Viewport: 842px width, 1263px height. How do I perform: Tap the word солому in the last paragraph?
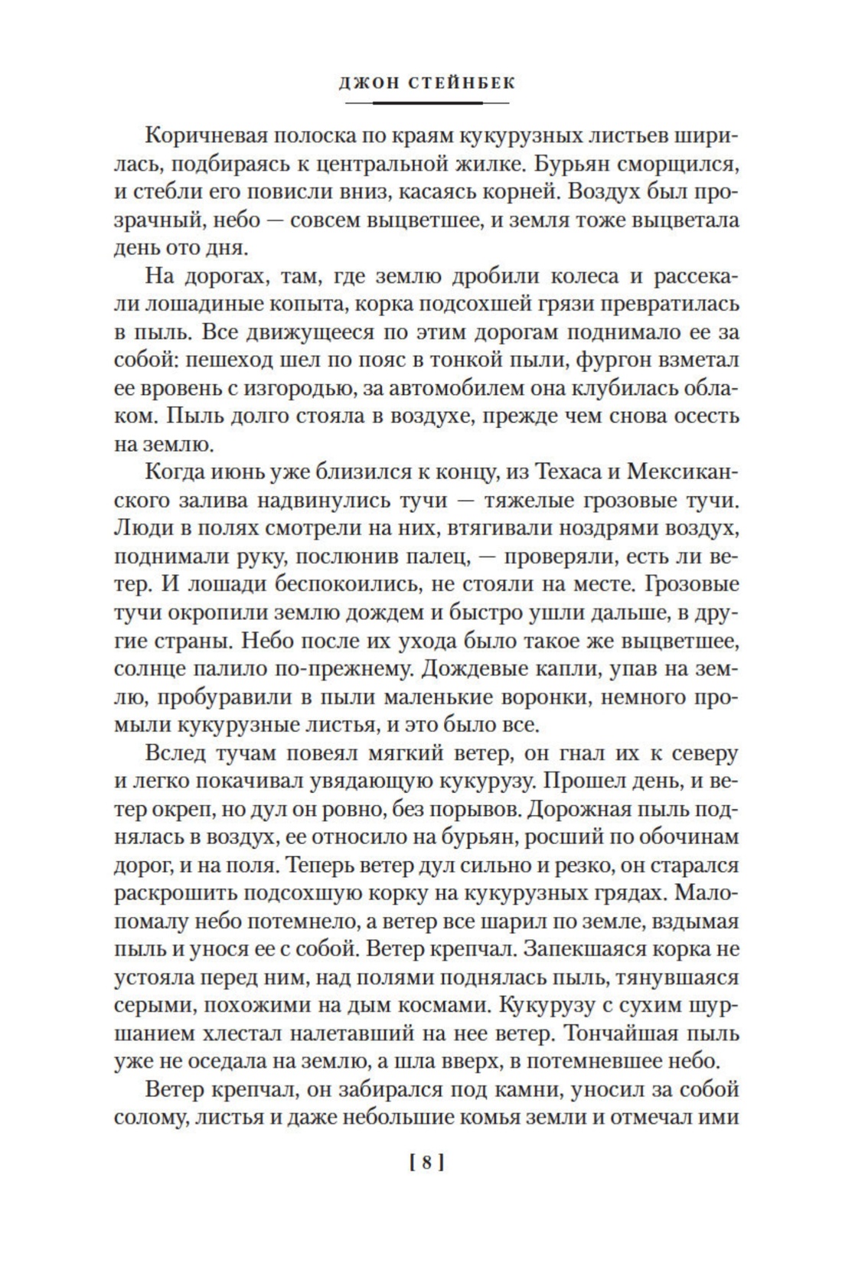(x=150, y=1118)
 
